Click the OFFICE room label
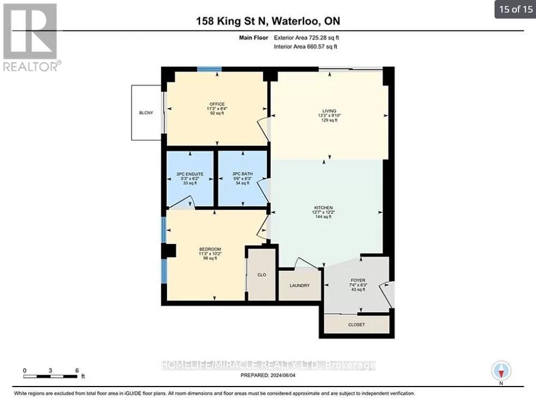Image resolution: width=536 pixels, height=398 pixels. click(x=216, y=104)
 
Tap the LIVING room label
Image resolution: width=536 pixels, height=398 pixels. click(x=329, y=111)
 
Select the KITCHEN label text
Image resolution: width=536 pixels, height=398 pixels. click(x=323, y=208)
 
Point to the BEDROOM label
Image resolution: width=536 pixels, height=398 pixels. click(x=210, y=250)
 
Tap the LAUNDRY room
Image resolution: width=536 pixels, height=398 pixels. click(x=299, y=285)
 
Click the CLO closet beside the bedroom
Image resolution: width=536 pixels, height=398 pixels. click(x=261, y=275)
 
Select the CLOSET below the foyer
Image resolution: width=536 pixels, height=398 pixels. click(x=356, y=324)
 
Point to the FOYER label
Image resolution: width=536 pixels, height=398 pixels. click(x=358, y=281)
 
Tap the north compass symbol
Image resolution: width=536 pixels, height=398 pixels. click(x=501, y=371)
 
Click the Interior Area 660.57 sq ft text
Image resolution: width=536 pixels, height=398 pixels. click(x=306, y=46)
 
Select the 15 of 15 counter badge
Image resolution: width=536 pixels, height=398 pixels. click(x=515, y=9)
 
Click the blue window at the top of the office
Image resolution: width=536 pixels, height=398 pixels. click(x=209, y=69)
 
